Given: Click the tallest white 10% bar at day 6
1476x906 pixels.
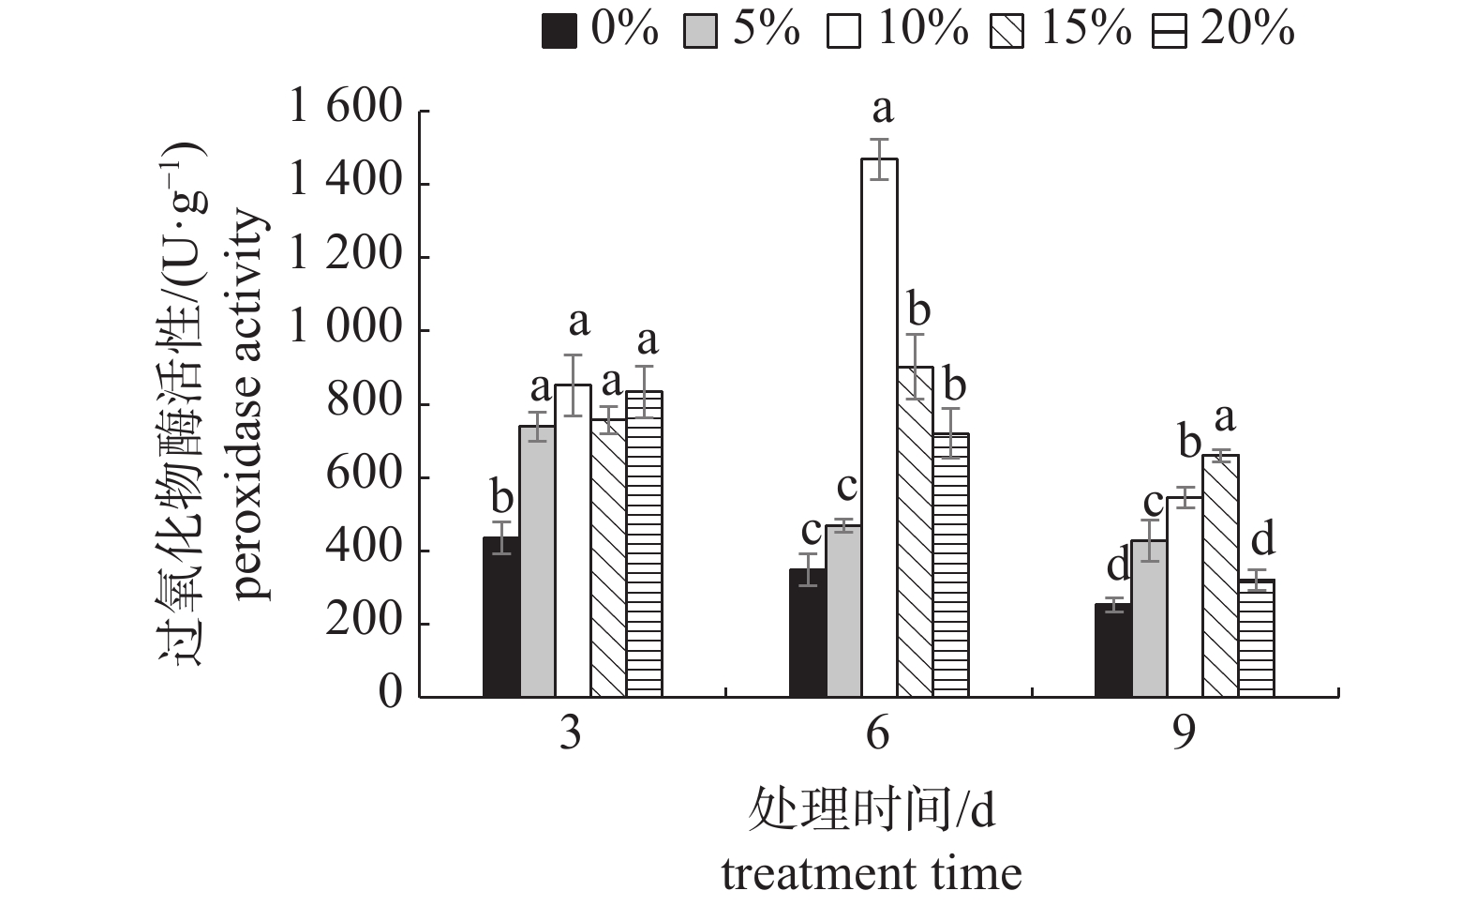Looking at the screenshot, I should [879, 427].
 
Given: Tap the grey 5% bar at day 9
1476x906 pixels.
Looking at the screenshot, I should [1149, 618].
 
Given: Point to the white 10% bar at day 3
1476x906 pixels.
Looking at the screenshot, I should [573, 540].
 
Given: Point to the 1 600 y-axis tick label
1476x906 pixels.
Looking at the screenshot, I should [346, 110].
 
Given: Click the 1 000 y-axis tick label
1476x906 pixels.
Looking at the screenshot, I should [346, 330].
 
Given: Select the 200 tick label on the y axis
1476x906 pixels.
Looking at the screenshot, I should [365, 624].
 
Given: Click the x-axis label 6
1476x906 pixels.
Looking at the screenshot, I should [878, 733].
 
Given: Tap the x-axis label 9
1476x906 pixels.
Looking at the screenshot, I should [1185, 733].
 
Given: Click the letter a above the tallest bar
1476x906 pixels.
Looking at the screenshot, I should [882, 111].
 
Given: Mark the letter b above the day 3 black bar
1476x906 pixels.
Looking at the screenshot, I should [501, 497].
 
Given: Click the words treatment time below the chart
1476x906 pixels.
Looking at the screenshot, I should [872, 874].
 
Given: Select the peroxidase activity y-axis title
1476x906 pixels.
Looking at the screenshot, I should [251, 404].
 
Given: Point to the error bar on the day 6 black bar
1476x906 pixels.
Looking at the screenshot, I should [808, 569].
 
